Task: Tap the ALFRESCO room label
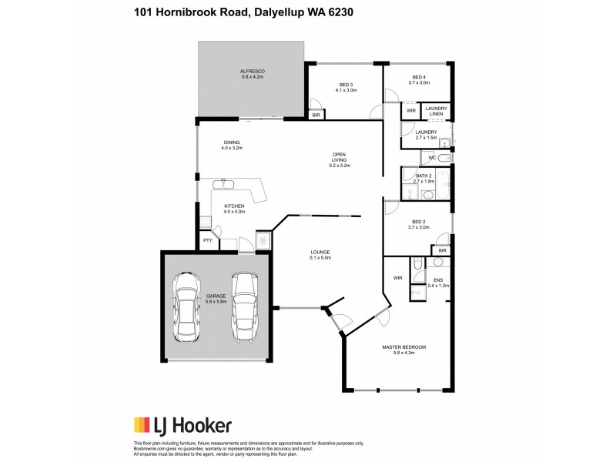tap(252, 74)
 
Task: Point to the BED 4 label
tap(419, 80)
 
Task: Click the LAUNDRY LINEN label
tap(436, 111)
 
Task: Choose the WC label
tap(432, 158)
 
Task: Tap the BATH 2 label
tap(425, 179)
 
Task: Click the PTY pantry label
tap(207, 240)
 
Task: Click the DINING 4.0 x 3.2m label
tap(232, 145)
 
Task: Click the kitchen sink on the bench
tap(228, 185)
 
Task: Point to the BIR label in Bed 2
tap(442, 250)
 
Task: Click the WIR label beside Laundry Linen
tap(410, 111)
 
